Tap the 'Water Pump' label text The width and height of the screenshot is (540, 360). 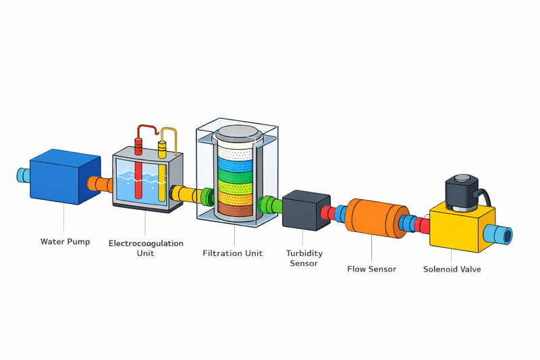[65, 242]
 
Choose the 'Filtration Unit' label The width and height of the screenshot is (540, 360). [233, 253]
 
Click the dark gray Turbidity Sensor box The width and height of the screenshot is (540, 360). [305, 210]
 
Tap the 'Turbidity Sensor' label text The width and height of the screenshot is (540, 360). [304, 258]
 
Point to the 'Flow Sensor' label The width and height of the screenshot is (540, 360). [371, 269]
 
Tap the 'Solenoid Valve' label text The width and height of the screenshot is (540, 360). [452, 269]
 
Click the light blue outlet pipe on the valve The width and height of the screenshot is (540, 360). [503, 235]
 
